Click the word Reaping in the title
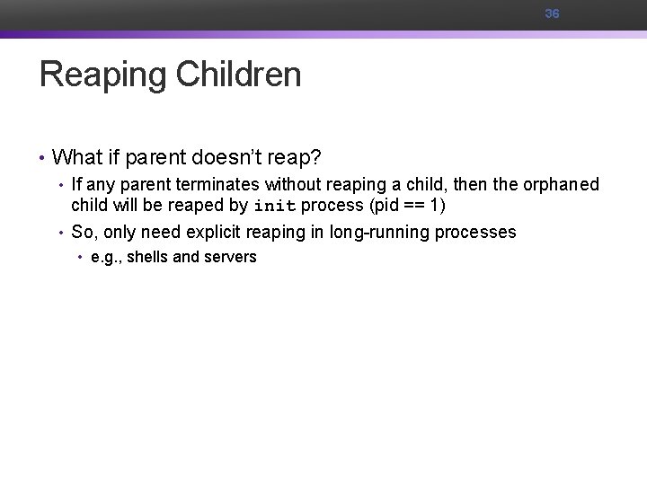[102, 75]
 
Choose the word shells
[148, 257]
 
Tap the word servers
[228, 257]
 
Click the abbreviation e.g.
[107, 257]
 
